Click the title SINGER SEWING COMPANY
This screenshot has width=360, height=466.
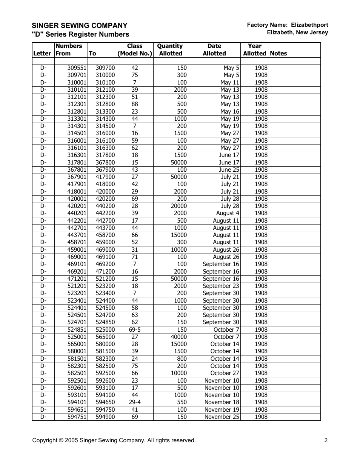point(79,26)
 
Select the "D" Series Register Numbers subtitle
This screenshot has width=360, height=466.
point(80,34)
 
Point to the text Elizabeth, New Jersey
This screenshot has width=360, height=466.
point(297,32)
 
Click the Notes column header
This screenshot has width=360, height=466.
point(278,54)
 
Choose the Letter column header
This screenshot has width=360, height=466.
point(42,54)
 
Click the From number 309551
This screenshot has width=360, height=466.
point(77,68)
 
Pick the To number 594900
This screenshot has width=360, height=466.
point(105,417)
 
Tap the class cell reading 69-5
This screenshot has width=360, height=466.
point(135,329)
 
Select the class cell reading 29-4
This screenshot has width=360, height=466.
point(135,402)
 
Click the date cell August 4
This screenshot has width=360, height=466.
point(228,213)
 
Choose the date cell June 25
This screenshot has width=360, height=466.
point(229,170)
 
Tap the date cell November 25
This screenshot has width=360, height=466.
point(222,417)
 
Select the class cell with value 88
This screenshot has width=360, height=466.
point(135,104)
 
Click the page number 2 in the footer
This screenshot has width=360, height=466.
point(326,440)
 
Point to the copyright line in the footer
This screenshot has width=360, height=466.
point(114,440)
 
